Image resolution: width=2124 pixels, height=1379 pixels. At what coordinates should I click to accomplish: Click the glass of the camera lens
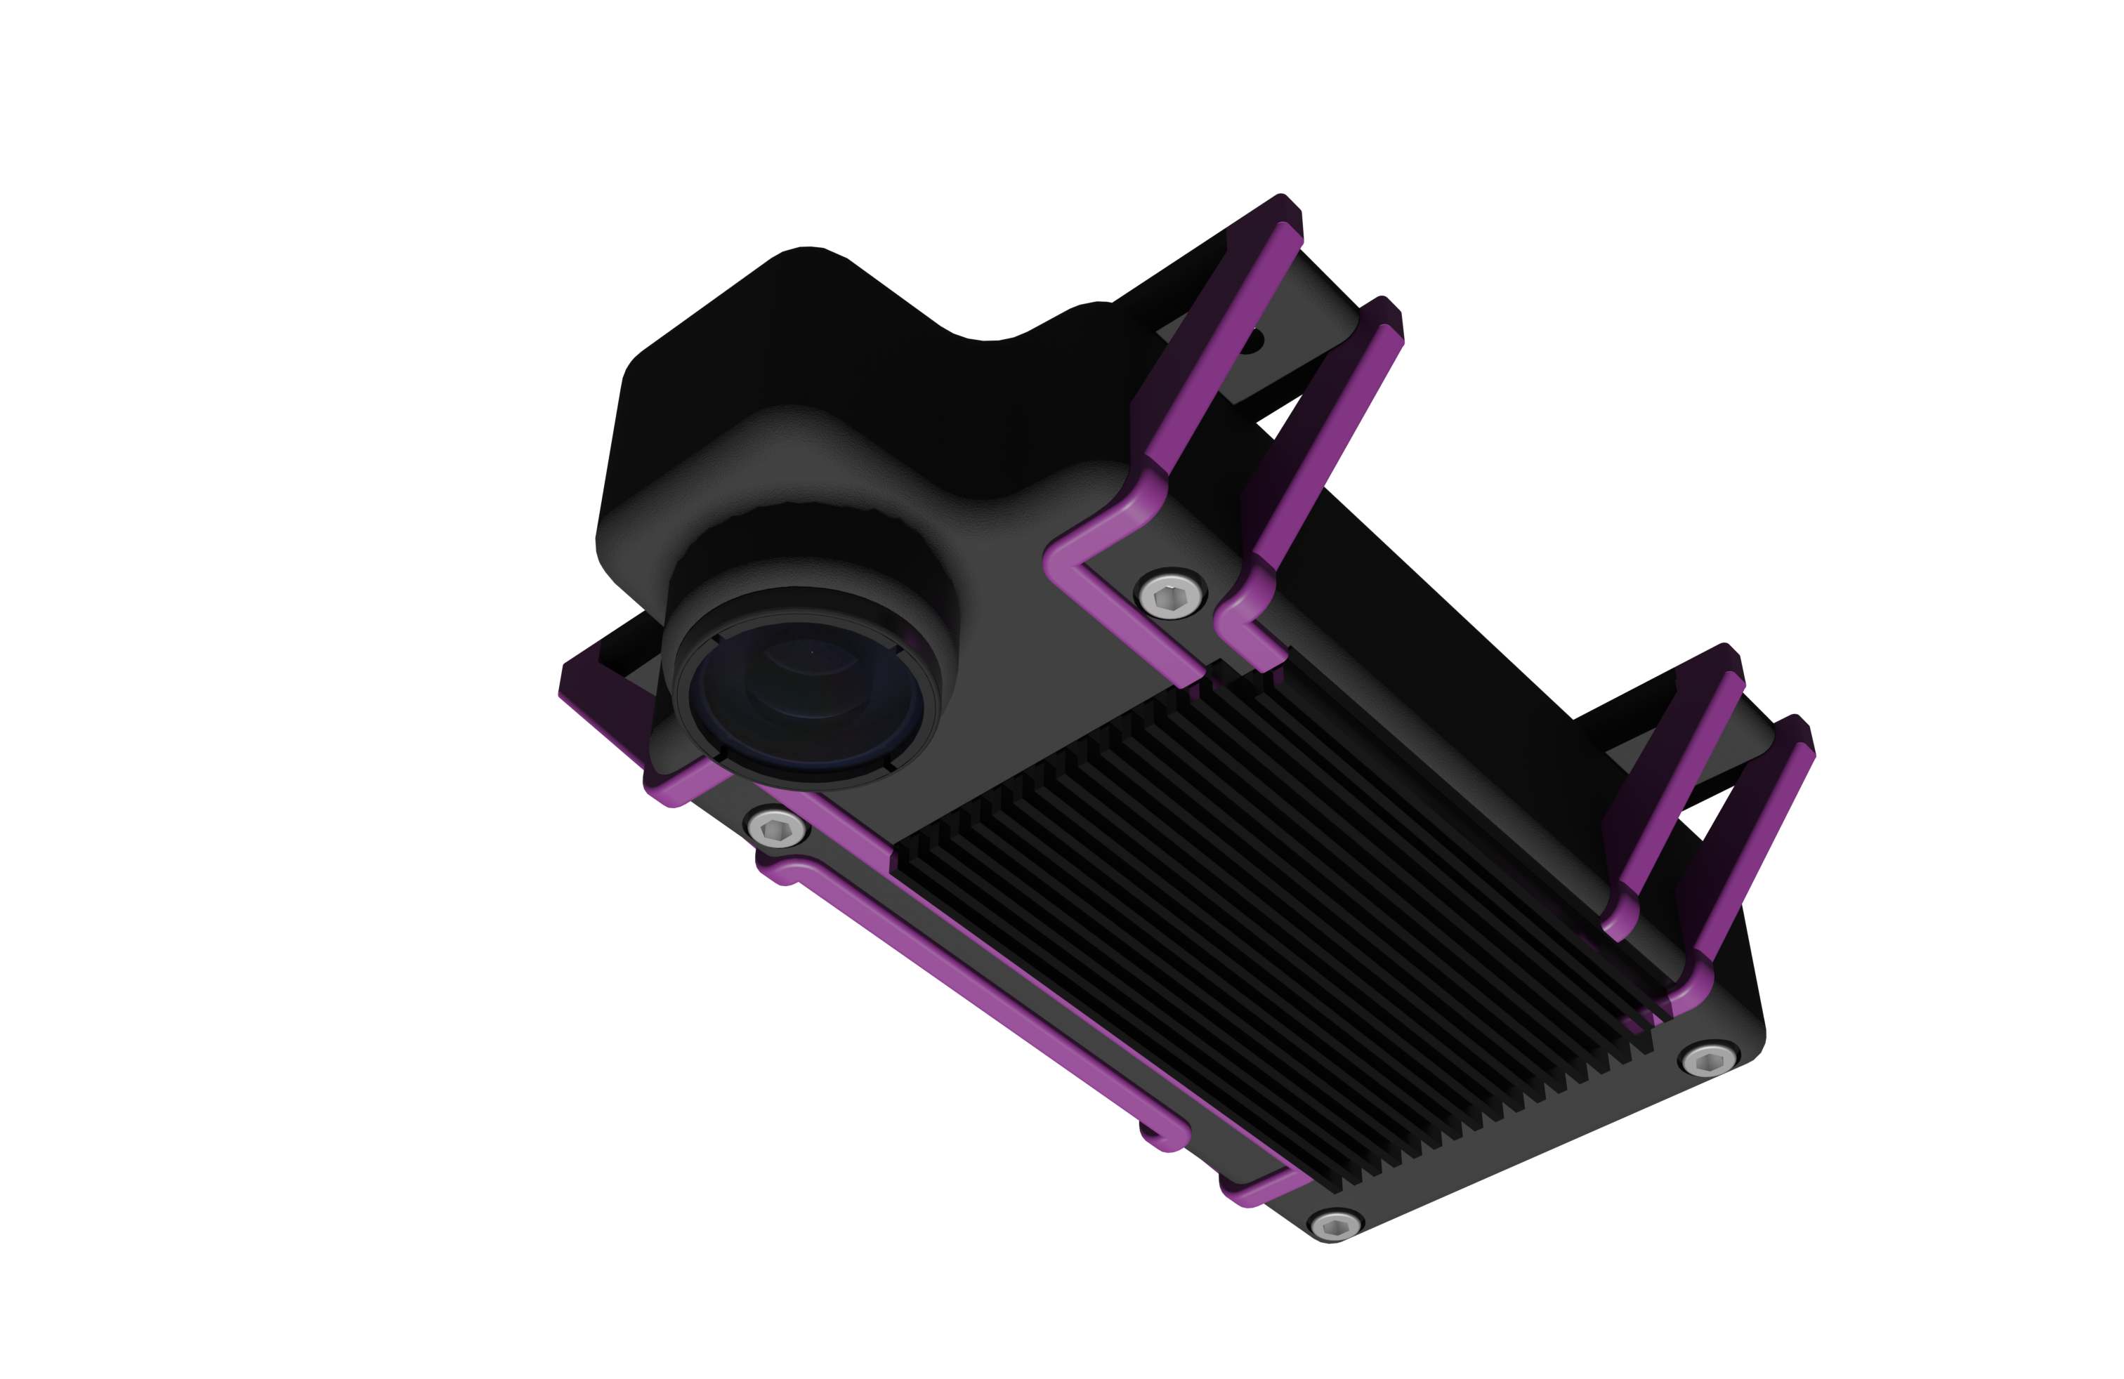pos(808,700)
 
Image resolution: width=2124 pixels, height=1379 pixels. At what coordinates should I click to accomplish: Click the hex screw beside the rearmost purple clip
pos(1709,1060)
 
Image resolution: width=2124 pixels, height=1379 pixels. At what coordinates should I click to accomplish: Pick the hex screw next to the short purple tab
pos(1335,1224)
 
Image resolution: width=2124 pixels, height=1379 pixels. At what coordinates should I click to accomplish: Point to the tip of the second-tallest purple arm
pos(1383,330)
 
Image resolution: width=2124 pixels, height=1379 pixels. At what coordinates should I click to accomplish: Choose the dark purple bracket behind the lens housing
pos(598,696)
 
